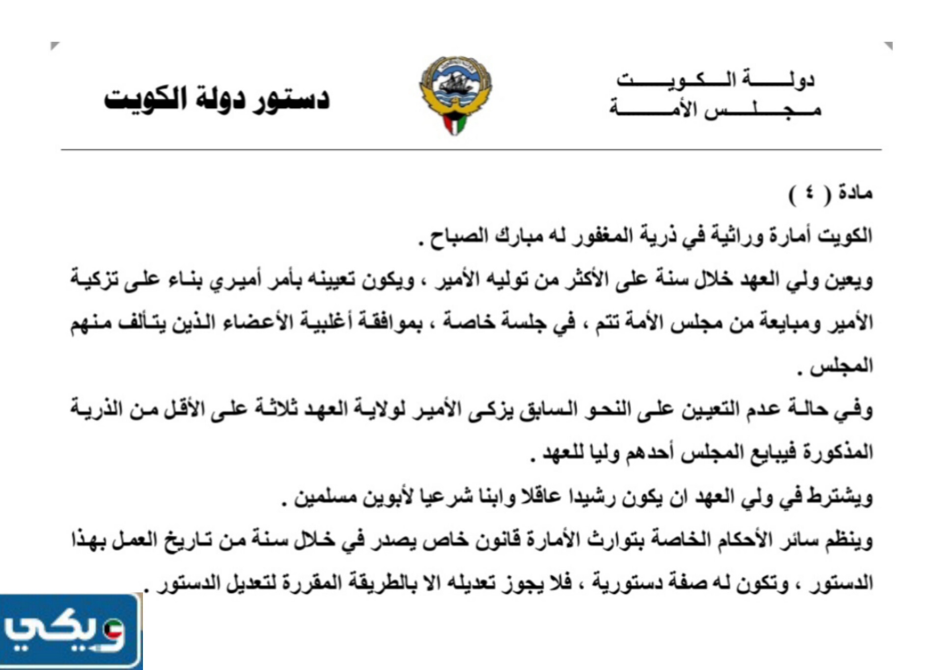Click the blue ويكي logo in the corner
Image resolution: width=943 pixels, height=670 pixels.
click(x=69, y=633)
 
